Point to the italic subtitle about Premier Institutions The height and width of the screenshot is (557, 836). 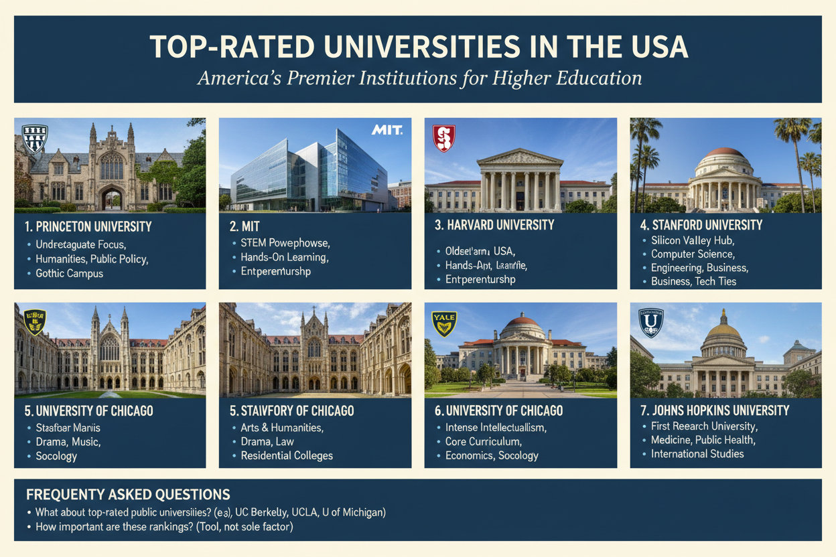tap(419, 78)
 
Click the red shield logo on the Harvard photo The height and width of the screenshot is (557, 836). tap(443, 138)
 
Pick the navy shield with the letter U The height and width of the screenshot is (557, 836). tap(650, 322)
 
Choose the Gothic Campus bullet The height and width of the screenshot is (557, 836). tap(70, 274)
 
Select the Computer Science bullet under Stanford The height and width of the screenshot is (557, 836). tap(693, 254)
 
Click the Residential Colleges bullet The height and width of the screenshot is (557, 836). tap(287, 456)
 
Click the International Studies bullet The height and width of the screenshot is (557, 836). tap(697, 454)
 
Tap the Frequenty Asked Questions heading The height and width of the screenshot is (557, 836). tap(128, 495)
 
